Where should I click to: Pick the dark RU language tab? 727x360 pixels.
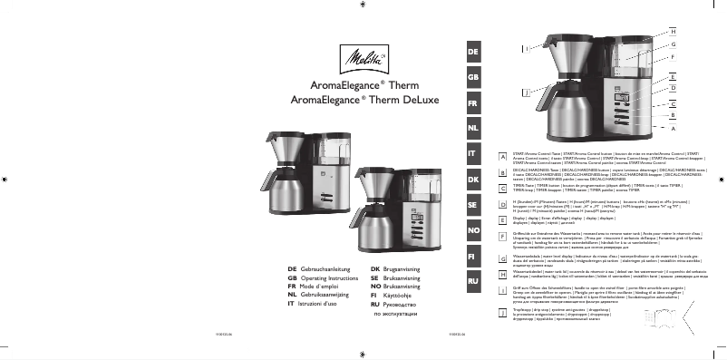click(472, 282)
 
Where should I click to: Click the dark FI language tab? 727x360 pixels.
click(472, 257)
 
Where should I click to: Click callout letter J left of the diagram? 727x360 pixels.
click(526, 92)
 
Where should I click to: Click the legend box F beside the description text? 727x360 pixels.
click(502, 235)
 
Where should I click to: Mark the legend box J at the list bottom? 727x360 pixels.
click(502, 312)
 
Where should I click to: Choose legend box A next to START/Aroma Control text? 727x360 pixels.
click(502, 157)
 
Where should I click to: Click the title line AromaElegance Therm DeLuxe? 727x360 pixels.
click(363, 99)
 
